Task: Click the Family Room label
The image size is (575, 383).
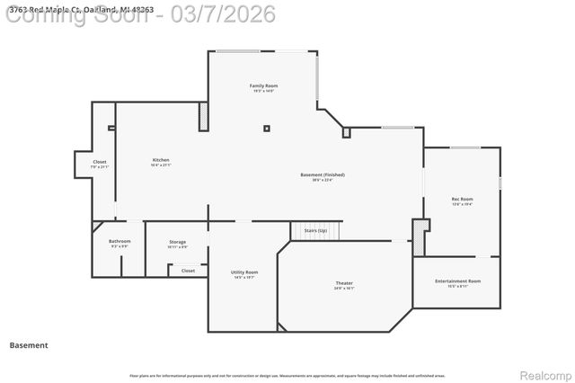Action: (x=263, y=85)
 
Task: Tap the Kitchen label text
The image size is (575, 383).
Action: (x=161, y=160)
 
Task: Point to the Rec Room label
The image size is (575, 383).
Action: (x=462, y=199)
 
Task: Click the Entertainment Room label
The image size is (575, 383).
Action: (x=457, y=281)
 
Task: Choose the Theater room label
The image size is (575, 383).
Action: (x=344, y=283)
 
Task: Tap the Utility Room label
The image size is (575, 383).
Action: (x=244, y=272)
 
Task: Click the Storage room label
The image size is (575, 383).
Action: (x=178, y=241)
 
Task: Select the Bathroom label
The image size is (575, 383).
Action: (x=120, y=241)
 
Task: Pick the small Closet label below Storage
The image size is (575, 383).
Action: (x=188, y=270)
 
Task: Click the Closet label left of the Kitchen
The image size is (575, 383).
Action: (x=100, y=162)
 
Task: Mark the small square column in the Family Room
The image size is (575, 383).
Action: (x=267, y=128)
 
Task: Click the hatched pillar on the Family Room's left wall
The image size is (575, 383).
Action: (x=203, y=117)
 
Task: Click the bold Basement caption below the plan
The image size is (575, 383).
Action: (x=29, y=345)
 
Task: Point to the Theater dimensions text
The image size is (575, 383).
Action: (x=344, y=289)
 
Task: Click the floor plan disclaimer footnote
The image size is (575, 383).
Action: (x=287, y=375)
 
